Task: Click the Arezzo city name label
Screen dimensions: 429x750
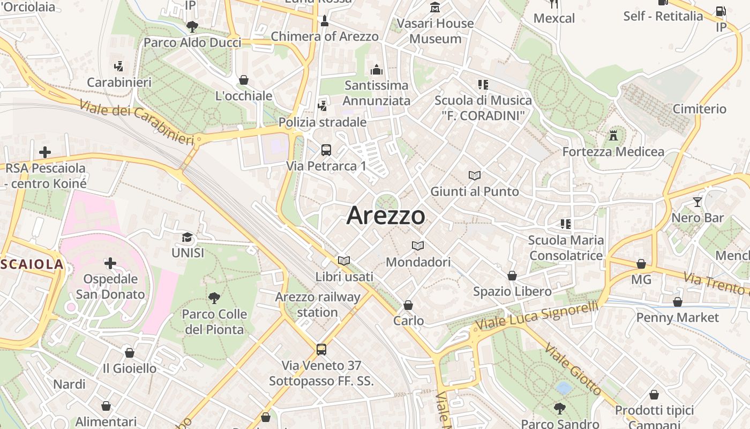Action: (x=386, y=216)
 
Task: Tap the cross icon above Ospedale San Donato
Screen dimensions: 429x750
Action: (x=110, y=263)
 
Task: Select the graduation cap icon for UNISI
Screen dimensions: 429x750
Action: (x=187, y=237)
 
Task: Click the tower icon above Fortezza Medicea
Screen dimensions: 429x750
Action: (x=613, y=136)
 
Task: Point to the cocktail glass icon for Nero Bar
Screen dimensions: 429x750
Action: (x=697, y=202)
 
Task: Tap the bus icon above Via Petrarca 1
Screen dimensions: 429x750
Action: (x=326, y=150)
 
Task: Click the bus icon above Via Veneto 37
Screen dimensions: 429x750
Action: (x=321, y=350)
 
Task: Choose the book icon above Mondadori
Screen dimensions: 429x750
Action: (x=418, y=246)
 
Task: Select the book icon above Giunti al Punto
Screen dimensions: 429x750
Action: (x=475, y=175)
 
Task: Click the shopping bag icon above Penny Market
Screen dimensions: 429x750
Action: (x=678, y=302)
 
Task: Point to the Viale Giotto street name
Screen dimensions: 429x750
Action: (x=573, y=369)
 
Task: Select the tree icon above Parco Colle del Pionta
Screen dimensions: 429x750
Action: (x=214, y=298)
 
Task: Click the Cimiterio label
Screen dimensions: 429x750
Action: (x=700, y=109)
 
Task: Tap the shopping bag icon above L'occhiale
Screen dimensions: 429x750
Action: (x=244, y=80)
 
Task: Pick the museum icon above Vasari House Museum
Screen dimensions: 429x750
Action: (x=435, y=8)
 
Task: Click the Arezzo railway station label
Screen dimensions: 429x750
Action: (x=318, y=305)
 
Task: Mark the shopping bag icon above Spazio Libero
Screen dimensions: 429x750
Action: (x=512, y=276)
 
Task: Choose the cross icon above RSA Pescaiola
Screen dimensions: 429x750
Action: (x=45, y=152)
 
